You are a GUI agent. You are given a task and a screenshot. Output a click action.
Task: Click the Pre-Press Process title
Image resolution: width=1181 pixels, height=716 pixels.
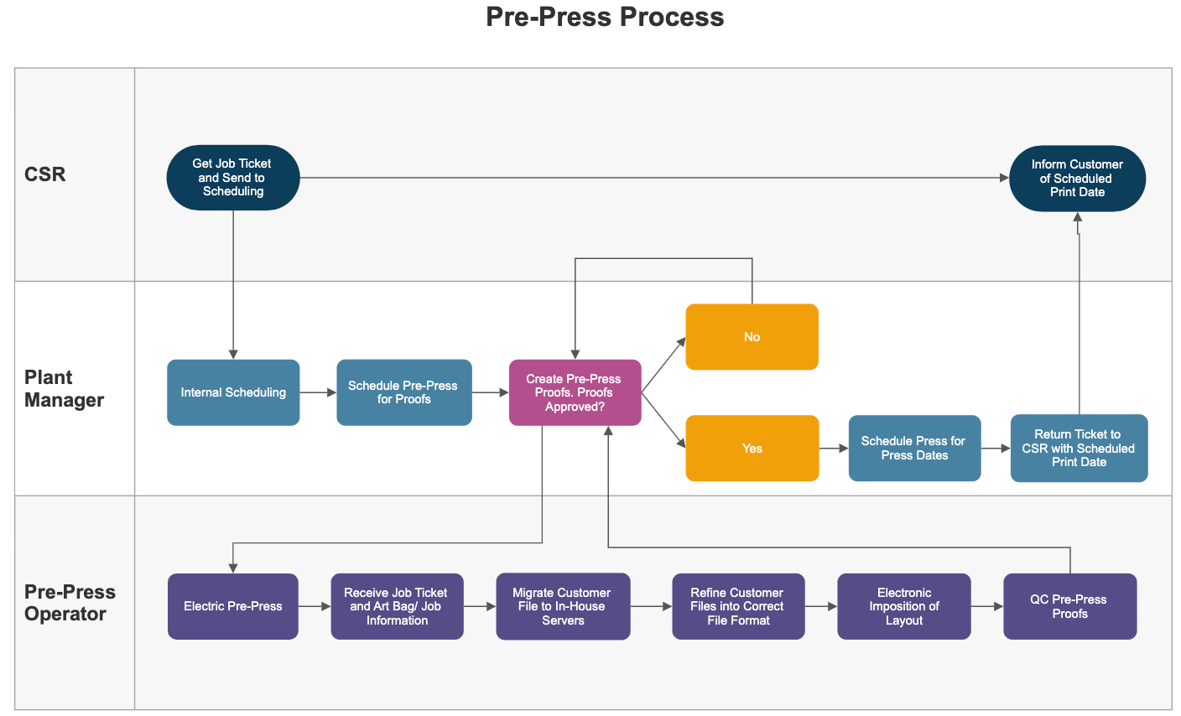pyautogui.click(x=605, y=18)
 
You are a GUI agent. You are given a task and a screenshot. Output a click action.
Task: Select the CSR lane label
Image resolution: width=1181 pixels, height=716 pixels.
pyautogui.click(x=45, y=174)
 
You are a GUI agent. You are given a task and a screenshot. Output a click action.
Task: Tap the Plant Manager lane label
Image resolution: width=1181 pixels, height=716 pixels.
pyautogui.click(x=64, y=388)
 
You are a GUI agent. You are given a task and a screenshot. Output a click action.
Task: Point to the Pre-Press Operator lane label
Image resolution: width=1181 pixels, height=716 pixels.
pyautogui.click(x=70, y=603)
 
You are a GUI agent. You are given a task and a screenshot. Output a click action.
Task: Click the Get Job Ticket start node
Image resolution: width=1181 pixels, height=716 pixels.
pyautogui.click(x=233, y=178)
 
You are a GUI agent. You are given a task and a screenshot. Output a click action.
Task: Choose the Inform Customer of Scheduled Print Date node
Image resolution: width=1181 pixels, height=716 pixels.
pyautogui.click(x=1077, y=179)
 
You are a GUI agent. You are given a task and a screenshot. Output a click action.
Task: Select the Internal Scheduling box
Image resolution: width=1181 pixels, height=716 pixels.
pyautogui.click(x=233, y=392)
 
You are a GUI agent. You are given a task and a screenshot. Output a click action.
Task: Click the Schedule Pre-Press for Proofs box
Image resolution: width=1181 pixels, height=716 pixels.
pyautogui.click(x=403, y=392)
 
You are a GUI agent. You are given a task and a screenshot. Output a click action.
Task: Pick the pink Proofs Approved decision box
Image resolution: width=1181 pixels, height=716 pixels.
pyautogui.click(x=575, y=392)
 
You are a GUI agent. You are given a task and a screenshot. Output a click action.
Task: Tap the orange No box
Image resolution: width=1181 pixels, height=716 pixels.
pyautogui.click(x=752, y=337)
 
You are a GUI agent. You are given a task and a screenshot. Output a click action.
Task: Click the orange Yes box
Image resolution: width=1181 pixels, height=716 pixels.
pyautogui.click(x=752, y=449)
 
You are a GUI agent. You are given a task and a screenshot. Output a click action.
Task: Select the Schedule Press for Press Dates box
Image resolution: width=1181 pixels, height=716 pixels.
pyautogui.click(x=914, y=449)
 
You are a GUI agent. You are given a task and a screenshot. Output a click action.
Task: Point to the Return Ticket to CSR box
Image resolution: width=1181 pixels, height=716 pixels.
pyautogui.click(x=1079, y=449)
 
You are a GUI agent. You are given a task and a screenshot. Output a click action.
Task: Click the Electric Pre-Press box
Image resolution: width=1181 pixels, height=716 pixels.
pyautogui.click(x=233, y=606)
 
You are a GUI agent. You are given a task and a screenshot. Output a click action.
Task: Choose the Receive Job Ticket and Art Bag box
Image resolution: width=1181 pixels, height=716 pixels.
pyautogui.click(x=397, y=606)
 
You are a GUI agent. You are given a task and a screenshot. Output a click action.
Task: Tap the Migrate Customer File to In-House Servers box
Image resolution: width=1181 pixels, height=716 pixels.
pyautogui.click(x=563, y=606)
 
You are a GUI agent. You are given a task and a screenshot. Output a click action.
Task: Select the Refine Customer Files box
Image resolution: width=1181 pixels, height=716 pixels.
pyautogui.click(x=738, y=606)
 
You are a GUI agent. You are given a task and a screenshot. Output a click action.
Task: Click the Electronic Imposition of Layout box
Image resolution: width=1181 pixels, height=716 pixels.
pyautogui.click(x=904, y=606)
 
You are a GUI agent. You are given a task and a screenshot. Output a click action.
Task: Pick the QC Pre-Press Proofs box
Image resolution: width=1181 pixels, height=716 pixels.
pyautogui.click(x=1069, y=606)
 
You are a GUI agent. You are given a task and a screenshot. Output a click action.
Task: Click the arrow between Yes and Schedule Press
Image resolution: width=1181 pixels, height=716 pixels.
pyautogui.click(x=834, y=449)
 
